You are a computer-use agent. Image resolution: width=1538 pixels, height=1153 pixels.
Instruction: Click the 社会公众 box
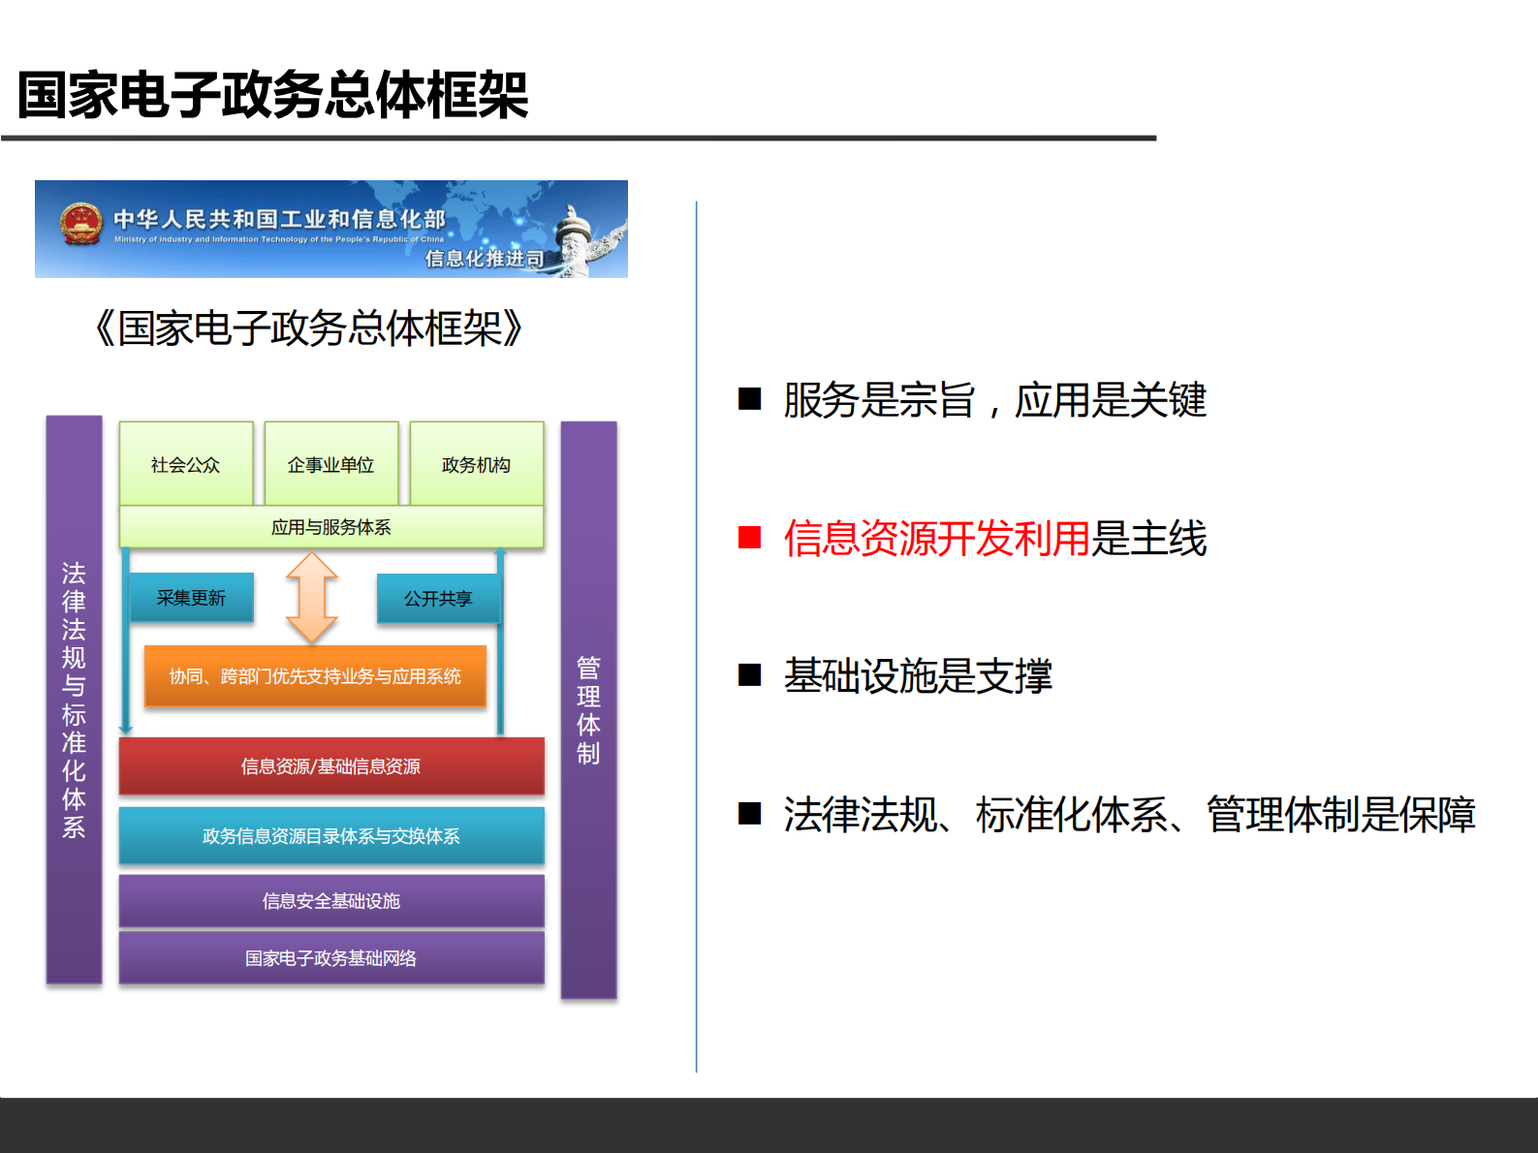(x=186, y=464)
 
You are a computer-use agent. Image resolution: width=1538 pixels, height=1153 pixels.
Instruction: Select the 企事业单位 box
(x=330, y=464)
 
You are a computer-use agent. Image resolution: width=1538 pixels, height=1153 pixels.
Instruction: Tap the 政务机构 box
(x=476, y=464)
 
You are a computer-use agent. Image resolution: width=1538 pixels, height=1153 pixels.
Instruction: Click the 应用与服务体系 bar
(x=330, y=527)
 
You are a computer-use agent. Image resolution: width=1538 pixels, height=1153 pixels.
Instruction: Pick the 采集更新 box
(x=191, y=598)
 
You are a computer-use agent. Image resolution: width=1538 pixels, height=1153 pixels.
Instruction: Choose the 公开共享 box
(x=438, y=599)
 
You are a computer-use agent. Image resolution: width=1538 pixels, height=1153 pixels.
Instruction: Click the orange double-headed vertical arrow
(x=312, y=597)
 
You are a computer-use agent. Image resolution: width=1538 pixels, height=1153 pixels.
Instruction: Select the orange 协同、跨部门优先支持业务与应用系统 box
(x=315, y=676)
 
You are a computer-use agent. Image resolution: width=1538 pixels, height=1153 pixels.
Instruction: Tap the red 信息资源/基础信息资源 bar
(x=330, y=766)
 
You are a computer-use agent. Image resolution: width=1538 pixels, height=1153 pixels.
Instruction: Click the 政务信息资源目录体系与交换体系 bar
(x=330, y=836)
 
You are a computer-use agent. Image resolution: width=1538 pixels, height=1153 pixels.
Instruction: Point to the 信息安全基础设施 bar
(x=330, y=901)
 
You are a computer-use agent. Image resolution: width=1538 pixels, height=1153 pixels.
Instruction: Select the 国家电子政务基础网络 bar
(x=330, y=958)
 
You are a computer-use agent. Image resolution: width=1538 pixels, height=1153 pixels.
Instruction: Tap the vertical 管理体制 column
(x=588, y=709)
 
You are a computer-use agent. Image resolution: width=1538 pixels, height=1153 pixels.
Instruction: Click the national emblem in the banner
(x=81, y=224)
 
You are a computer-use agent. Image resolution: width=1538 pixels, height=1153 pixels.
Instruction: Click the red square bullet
(x=749, y=538)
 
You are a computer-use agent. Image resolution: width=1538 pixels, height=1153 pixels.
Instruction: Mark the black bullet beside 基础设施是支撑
(x=749, y=675)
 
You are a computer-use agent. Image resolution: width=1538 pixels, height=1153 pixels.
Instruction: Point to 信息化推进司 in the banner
(x=485, y=258)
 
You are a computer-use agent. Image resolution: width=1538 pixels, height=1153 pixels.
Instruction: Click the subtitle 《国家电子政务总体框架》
(x=309, y=328)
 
